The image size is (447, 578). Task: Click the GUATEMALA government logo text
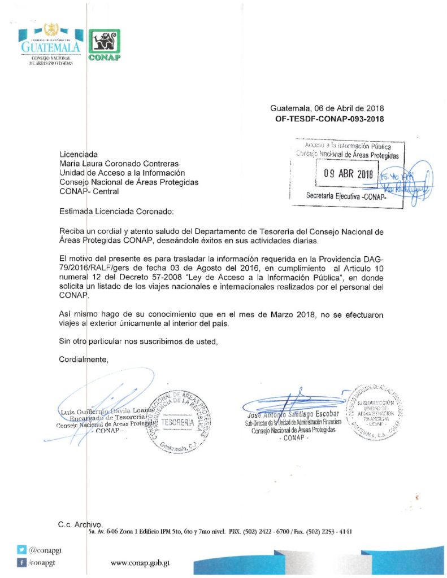pos(51,48)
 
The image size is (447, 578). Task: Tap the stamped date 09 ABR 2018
pos(348,174)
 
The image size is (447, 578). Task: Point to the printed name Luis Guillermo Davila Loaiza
pos(106,410)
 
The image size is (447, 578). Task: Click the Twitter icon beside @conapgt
pos(22,549)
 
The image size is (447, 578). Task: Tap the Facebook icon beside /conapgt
pos(22,562)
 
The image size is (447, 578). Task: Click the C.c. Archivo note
pos(80,524)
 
